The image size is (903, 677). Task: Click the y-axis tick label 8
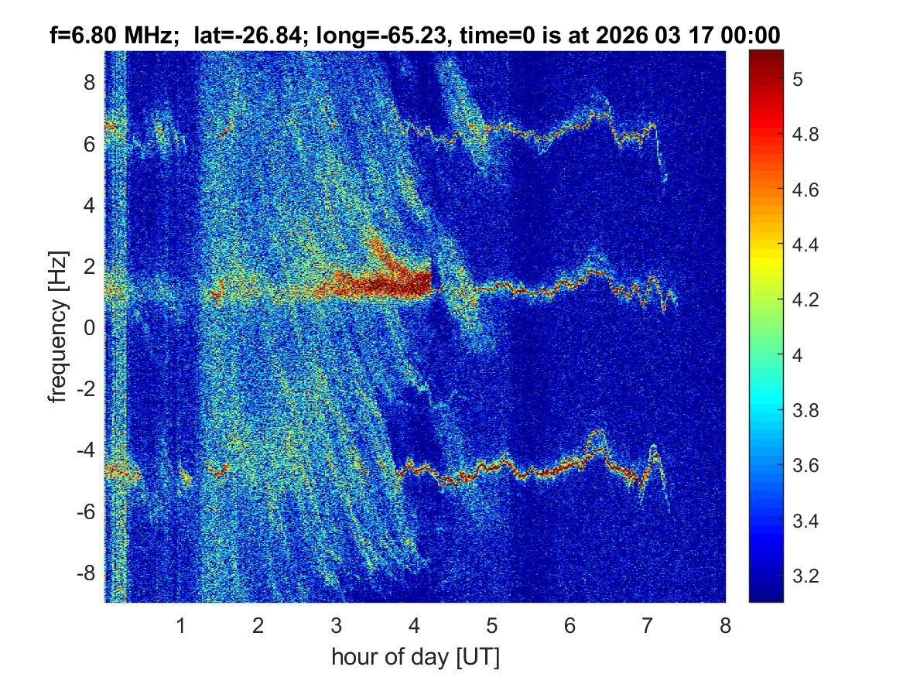pyautogui.click(x=90, y=82)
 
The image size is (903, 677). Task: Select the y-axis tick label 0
pyautogui.click(x=90, y=328)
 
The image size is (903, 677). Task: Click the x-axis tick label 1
pyautogui.click(x=180, y=626)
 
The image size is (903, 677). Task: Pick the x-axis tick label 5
pyautogui.click(x=491, y=626)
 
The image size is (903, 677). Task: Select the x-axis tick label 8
pyautogui.click(x=725, y=626)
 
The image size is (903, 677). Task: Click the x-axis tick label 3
pyautogui.click(x=336, y=626)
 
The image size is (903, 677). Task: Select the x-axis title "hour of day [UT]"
pyautogui.click(x=415, y=658)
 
